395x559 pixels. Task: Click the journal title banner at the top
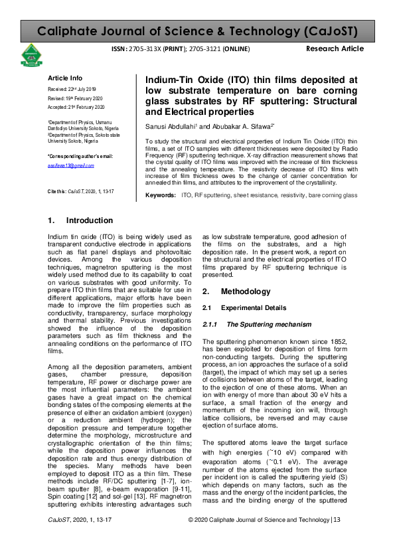[197, 31]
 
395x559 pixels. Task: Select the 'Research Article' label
[335, 49]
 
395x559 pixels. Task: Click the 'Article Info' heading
[64, 78]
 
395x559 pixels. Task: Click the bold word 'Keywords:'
[161, 196]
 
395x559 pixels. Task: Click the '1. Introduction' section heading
[73, 220]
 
